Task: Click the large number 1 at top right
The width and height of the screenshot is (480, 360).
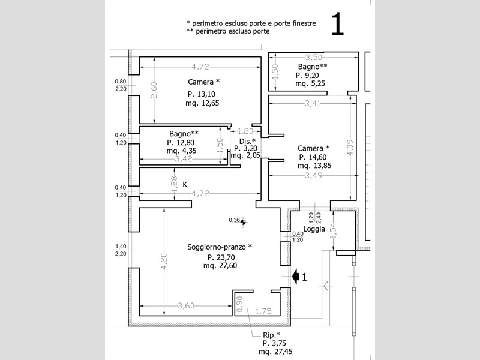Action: click(337, 25)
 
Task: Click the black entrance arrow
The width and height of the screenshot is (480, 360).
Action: click(295, 275)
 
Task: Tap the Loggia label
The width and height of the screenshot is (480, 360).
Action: click(314, 229)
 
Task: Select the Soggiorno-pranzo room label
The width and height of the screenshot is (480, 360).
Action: click(219, 247)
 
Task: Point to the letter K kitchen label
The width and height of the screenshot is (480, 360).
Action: click(185, 184)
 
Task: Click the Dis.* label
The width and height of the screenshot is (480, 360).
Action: click(247, 141)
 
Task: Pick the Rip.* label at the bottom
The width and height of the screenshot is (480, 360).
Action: click(272, 334)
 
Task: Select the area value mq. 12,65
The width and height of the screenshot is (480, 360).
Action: click(202, 103)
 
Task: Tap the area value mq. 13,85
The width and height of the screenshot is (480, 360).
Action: click(314, 166)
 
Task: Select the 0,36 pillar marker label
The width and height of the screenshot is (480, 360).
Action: click(235, 220)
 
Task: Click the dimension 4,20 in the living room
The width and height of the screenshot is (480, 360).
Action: click(163, 262)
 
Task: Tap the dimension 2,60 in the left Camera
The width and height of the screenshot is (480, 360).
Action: click(154, 90)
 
